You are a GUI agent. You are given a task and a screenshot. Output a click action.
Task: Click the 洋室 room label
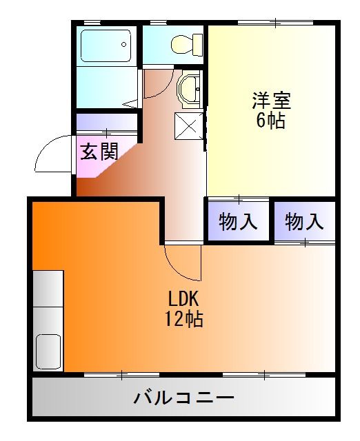(x=272, y=101)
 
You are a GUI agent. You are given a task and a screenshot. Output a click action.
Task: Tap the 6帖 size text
(x=271, y=121)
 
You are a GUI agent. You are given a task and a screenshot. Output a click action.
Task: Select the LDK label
(x=183, y=300)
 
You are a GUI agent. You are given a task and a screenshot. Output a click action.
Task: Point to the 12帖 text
(x=183, y=320)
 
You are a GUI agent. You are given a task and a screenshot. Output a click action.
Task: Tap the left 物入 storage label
(x=239, y=222)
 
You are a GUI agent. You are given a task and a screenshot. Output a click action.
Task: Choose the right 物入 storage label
(x=304, y=222)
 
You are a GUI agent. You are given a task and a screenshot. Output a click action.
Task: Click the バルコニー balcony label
(x=183, y=398)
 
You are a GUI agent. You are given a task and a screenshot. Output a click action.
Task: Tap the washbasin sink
(x=188, y=89)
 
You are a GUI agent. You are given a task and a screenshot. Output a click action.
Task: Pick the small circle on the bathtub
(x=124, y=45)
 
